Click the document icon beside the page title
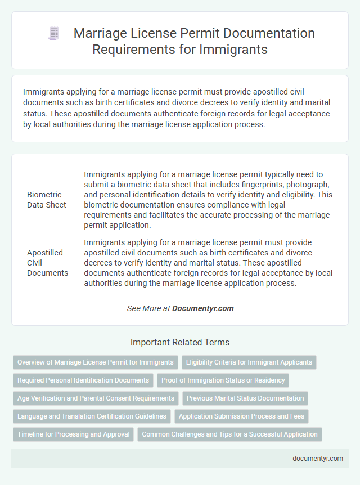pos(54,34)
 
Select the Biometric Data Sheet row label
pos(47,200)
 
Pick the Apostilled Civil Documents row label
pos(48,263)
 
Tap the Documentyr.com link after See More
pos(203,308)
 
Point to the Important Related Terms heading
pos(180,342)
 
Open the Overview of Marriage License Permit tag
pos(95,362)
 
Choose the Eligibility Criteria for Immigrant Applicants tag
pos(250,362)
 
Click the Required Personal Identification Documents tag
pos(83,380)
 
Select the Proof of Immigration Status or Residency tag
pos(223,380)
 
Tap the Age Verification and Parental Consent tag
pos(96,398)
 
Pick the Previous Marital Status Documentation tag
pos(245,398)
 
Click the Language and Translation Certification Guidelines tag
pos(92,416)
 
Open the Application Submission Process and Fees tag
pos(242,416)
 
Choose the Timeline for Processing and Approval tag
pos(74,434)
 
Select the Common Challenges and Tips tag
pos(229,434)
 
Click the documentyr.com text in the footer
pos(318,458)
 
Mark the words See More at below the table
pos(148,308)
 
